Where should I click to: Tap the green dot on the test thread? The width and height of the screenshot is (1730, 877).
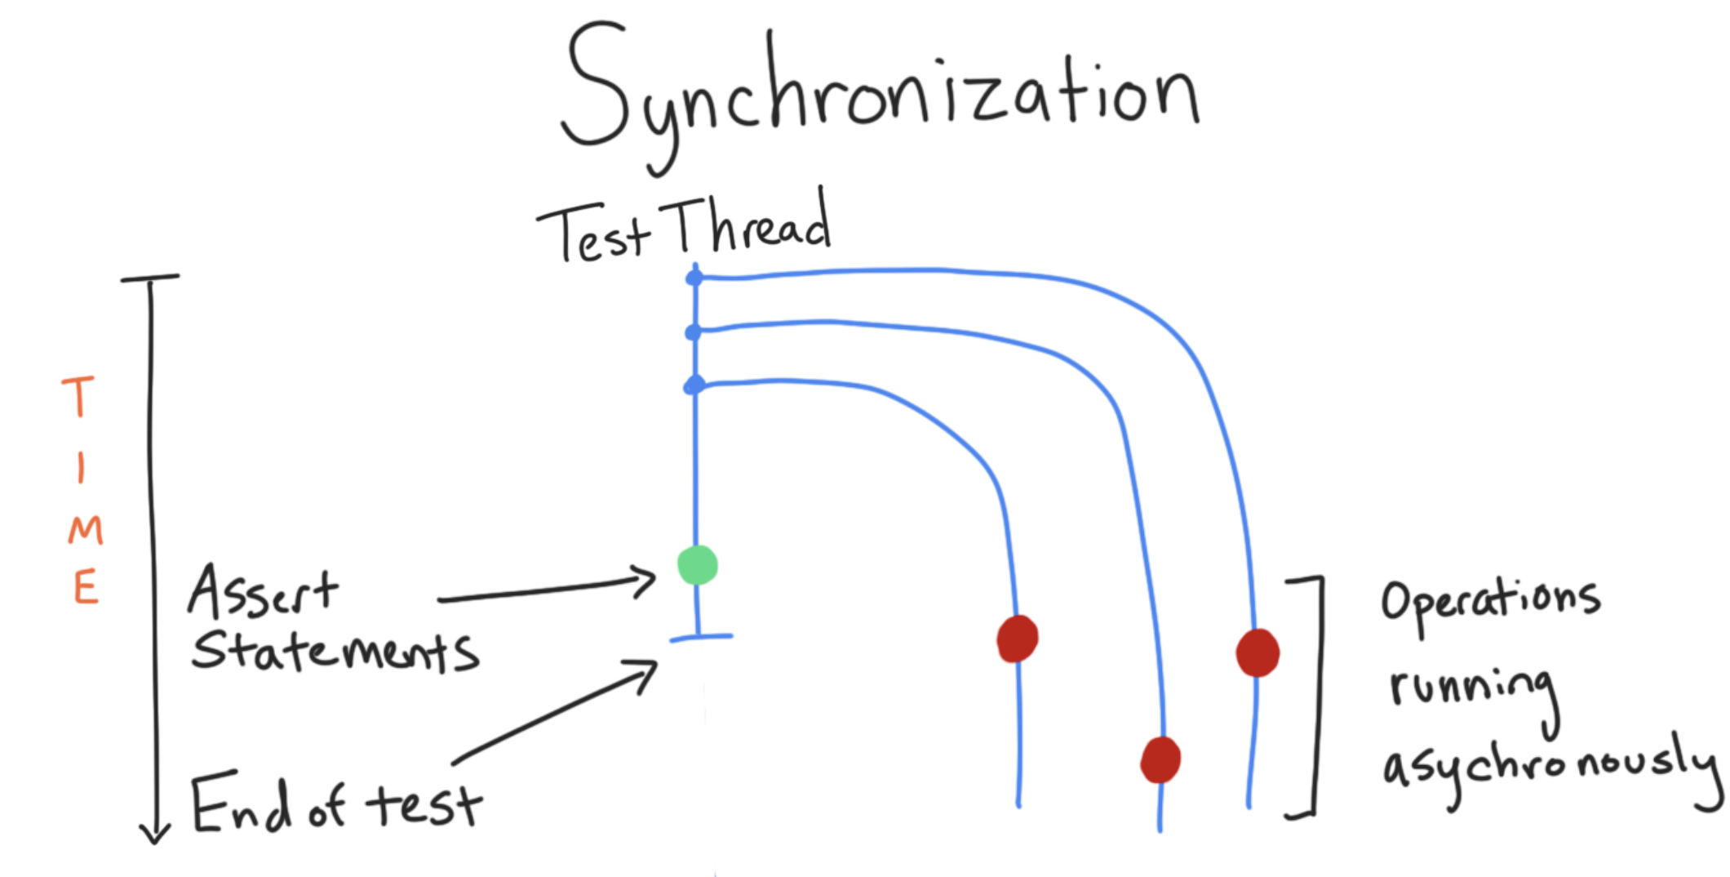(x=698, y=565)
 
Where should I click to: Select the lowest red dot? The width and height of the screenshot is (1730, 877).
(x=1160, y=759)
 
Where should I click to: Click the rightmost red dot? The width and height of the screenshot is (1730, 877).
(x=1258, y=652)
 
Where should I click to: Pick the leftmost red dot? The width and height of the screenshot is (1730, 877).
(x=1018, y=638)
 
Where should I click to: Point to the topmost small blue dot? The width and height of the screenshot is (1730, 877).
(x=694, y=278)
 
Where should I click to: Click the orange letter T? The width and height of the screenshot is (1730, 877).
(x=79, y=397)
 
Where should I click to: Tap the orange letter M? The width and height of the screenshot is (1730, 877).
(x=85, y=531)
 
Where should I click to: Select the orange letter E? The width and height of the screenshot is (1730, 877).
(x=86, y=587)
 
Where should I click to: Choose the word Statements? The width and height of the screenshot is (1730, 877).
(x=335, y=652)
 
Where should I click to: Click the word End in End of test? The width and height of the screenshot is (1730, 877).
(x=241, y=804)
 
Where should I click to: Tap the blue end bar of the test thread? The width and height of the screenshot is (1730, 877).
(x=700, y=637)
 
